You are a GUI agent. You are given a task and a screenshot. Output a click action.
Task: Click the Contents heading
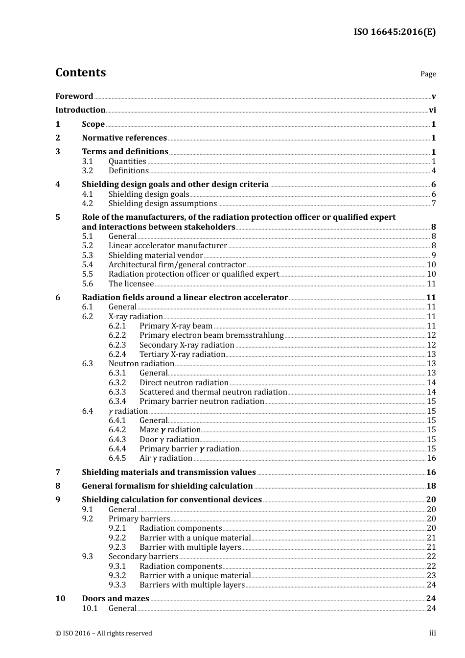[x=80, y=72]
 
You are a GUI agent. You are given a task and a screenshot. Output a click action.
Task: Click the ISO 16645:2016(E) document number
[x=395, y=32]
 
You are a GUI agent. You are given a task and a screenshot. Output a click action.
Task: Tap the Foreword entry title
[x=74, y=96]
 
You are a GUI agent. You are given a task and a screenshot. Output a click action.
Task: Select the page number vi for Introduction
[x=432, y=110]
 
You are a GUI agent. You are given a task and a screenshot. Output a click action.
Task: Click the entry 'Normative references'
[x=124, y=138]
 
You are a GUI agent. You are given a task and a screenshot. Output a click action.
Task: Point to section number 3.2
[x=87, y=171]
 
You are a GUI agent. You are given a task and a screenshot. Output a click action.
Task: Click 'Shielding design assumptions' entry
[x=163, y=204]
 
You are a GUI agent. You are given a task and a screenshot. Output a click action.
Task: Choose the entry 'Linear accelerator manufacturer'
[x=168, y=246]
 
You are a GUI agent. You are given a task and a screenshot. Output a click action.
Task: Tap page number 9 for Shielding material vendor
[x=434, y=256]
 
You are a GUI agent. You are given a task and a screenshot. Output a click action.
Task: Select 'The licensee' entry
[x=131, y=284]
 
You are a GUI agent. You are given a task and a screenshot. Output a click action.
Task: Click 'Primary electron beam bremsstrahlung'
[x=211, y=335]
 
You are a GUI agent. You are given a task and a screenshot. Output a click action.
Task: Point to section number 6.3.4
[x=117, y=401]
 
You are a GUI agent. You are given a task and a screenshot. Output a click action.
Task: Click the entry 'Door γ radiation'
[x=169, y=440]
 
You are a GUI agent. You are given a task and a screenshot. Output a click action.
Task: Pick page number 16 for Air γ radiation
[x=431, y=458]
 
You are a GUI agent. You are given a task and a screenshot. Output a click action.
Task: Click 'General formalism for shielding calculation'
[x=167, y=486]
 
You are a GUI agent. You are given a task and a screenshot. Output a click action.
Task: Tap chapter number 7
[x=58, y=472]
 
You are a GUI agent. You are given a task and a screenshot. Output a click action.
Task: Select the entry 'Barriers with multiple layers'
[x=192, y=585]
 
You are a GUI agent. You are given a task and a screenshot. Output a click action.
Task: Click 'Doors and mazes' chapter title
[x=116, y=599]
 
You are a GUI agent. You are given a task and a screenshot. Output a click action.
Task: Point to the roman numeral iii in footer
[x=433, y=633]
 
